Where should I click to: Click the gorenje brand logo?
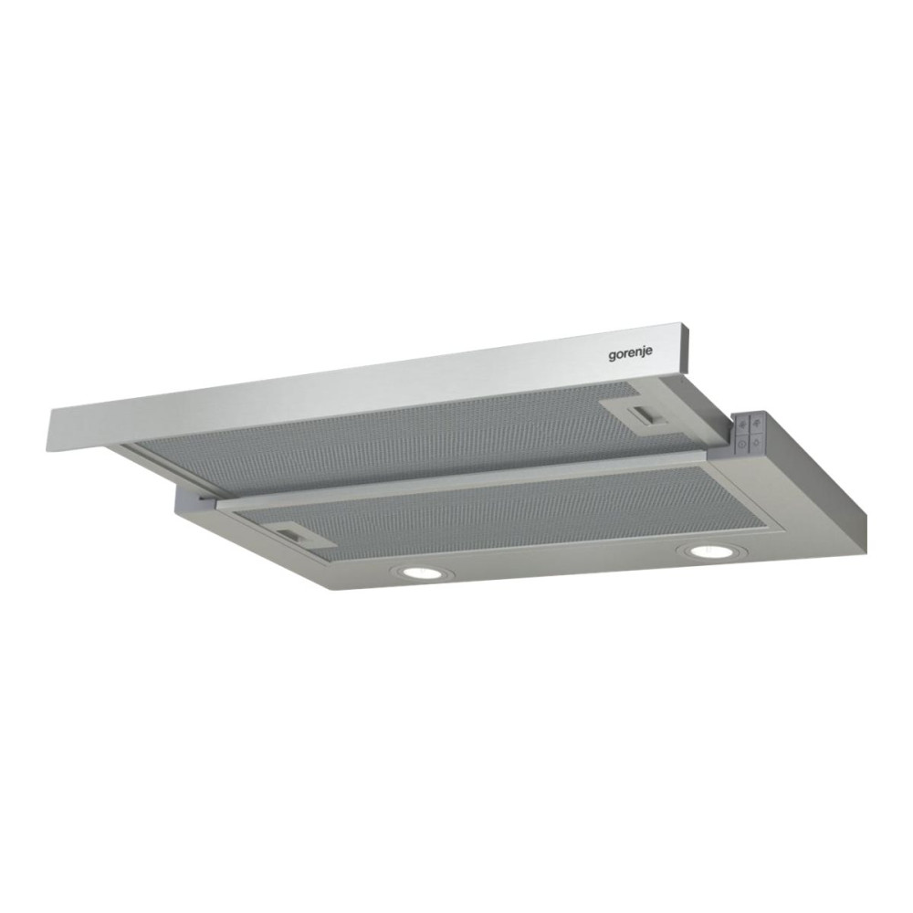(630, 354)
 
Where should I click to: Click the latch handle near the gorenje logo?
(645, 415)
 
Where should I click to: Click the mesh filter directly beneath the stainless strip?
(402, 434)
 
